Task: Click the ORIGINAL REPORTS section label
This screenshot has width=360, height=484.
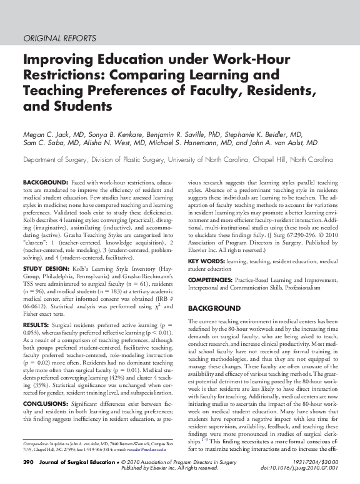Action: tap(59, 38)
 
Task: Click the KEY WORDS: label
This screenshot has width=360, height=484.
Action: tap(208, 261)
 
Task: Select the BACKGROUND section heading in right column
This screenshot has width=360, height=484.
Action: tap(214, 308)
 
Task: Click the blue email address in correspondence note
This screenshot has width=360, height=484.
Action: tap(141, 448)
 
